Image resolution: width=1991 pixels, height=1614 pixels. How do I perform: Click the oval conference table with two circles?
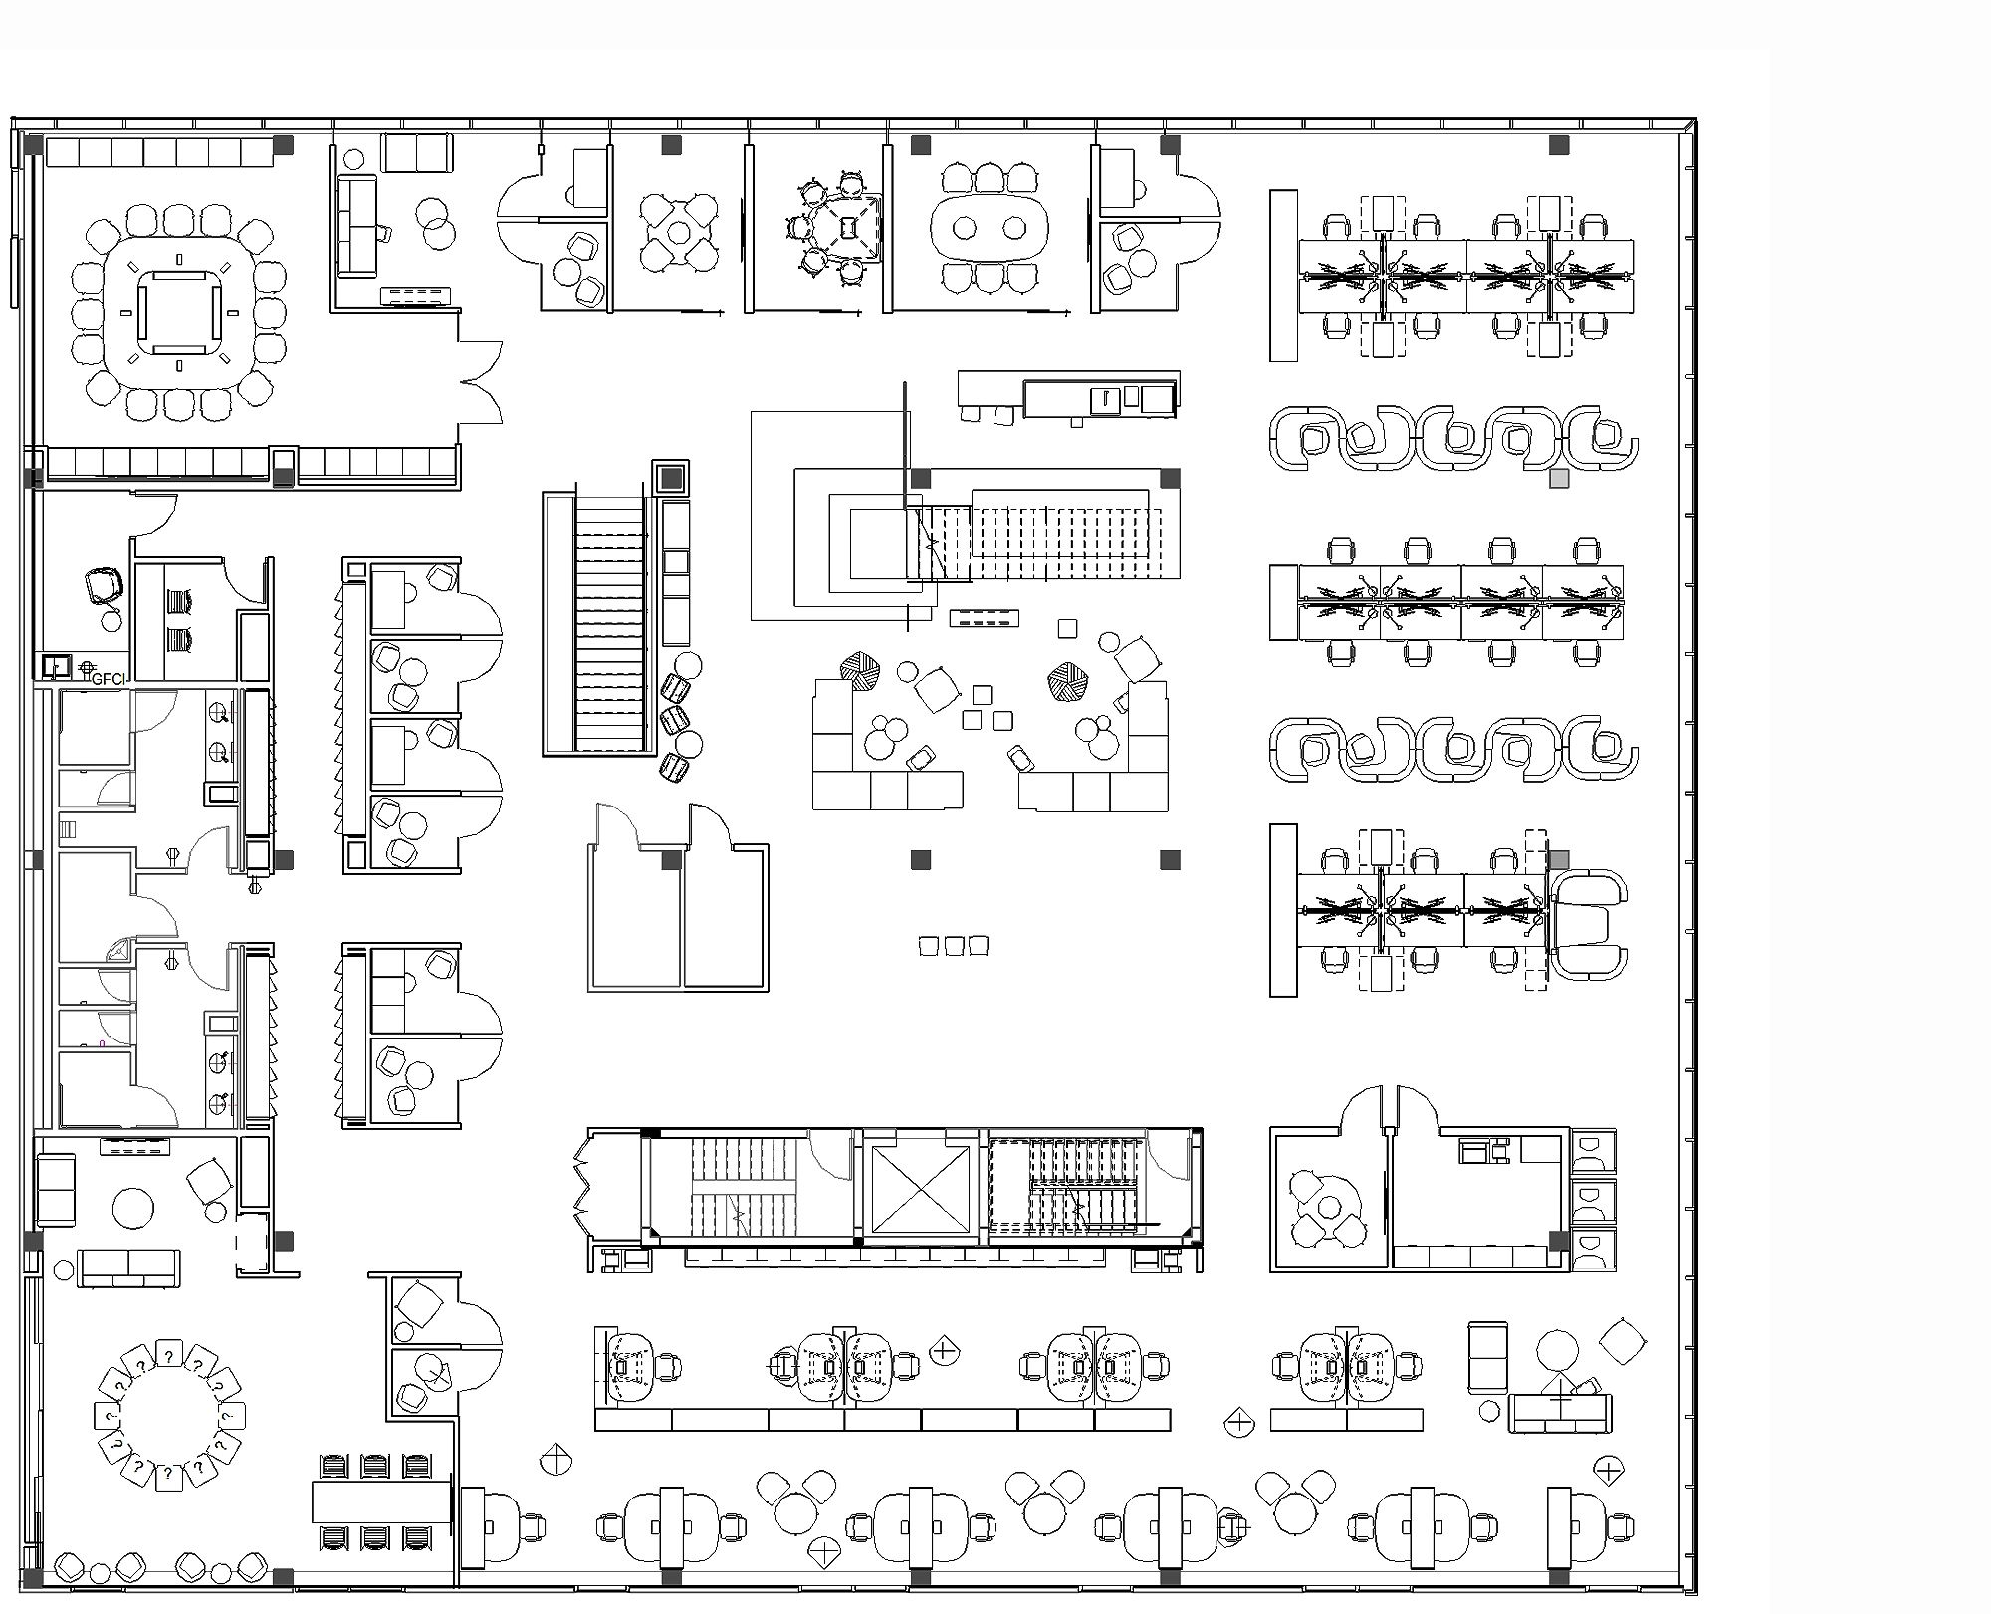(989, 228)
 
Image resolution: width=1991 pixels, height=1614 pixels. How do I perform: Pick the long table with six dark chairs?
(383, 1501)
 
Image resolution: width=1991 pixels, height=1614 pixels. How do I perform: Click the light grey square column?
(1559, 479)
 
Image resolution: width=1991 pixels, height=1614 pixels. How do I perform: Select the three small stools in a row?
(953, 945)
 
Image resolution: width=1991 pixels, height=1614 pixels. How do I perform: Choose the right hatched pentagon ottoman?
(1069, 683)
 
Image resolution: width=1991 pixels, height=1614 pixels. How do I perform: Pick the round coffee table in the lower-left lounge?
(133, 1209)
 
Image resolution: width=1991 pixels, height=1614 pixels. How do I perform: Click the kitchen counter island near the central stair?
(1069, 397)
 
